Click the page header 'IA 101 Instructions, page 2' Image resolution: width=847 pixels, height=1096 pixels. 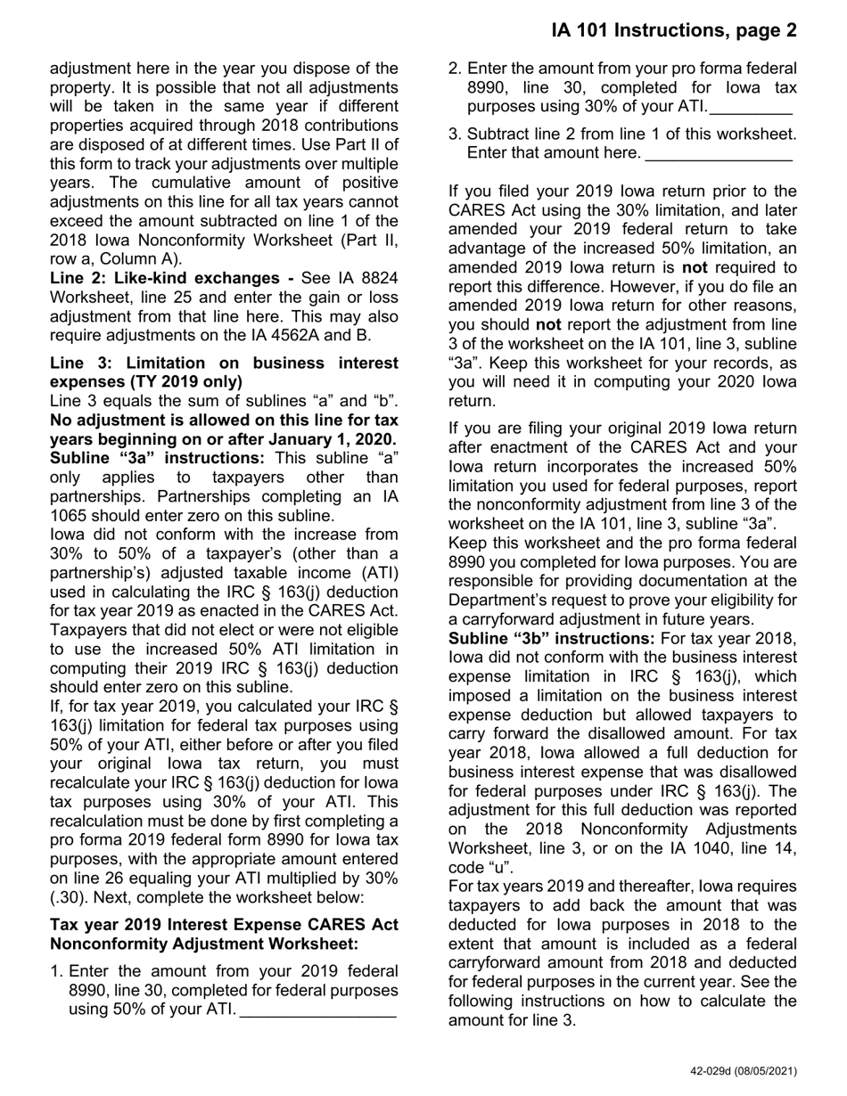pyautogui.click(x=674, y=31)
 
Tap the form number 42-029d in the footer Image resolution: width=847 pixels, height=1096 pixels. pyautogui.click(x=716, y=1072)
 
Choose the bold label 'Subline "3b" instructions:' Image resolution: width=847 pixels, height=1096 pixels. pyautogui.click(x=551, y=639)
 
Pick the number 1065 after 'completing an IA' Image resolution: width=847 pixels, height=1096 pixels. pyautogui.click(x=70, y=515)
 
